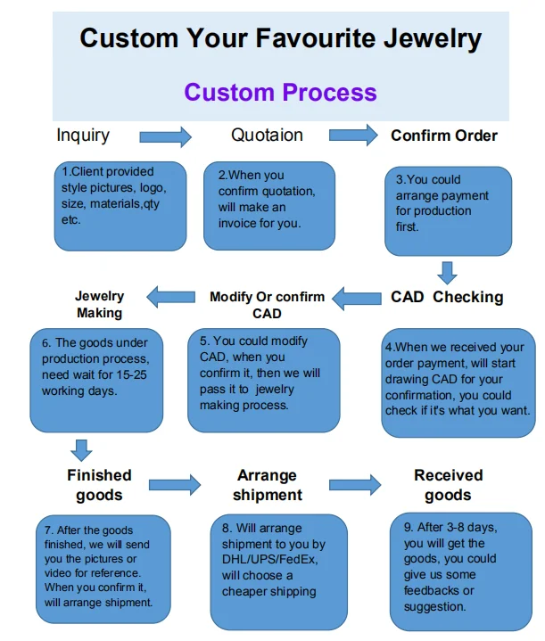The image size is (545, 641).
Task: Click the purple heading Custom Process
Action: [280, 92]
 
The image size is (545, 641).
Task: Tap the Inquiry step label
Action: [83, 136]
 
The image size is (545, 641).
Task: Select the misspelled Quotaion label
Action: [267, 136]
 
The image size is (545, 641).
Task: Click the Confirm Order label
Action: [444, 136]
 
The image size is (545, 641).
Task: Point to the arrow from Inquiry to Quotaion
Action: [165, 136]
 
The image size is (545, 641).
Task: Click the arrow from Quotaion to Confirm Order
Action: [353, 136]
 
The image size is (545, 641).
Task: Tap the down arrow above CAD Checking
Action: [449, 272]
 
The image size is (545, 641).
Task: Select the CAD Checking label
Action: [447, 297]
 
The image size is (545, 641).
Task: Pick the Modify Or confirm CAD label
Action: [267, 305]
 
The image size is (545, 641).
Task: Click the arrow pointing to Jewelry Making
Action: [170, 297]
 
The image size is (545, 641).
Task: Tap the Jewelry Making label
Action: [99, 305]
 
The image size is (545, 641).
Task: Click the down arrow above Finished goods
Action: [82, 448]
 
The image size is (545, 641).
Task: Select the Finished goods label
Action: [99, 484]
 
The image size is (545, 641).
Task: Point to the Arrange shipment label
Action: [267, 485]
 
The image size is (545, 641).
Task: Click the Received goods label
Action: [448, 484]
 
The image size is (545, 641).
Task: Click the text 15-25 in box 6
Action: [130, 375]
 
